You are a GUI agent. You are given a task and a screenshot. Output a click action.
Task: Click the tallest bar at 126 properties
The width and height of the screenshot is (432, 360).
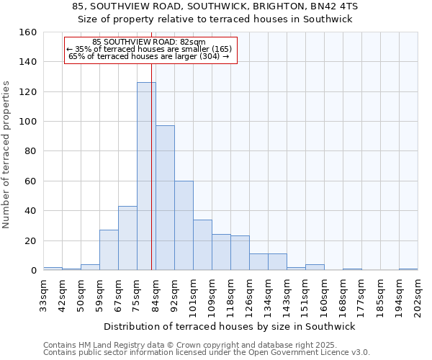[146, 176]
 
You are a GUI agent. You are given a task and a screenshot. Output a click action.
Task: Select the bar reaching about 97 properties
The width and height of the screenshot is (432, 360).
[165, 198]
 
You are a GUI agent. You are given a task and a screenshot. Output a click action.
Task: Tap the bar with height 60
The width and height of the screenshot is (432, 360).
[184, 225]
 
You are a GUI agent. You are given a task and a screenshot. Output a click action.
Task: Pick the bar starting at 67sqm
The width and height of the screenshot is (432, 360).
[127, 238]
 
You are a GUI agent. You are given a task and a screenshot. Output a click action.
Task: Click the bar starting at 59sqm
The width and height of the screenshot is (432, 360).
[109, 250]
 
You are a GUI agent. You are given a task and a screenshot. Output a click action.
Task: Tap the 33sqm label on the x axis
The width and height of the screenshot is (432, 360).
[43, 295]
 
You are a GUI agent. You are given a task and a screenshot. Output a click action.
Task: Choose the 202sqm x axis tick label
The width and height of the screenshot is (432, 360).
[418, 295]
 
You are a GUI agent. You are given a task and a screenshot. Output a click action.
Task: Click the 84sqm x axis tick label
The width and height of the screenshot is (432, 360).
[156, 295]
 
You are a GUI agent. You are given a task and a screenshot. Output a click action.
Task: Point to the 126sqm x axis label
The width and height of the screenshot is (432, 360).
[249, 295]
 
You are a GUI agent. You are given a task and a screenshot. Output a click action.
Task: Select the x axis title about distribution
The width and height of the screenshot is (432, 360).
[230, 326]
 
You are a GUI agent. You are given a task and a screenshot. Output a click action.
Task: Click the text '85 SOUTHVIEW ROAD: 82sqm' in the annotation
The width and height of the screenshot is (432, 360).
[149, 42]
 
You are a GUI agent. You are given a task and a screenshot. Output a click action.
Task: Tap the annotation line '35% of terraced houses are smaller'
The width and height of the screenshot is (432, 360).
[149, 49]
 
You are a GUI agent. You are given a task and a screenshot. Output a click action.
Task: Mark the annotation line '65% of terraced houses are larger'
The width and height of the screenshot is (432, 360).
[149, 56]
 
